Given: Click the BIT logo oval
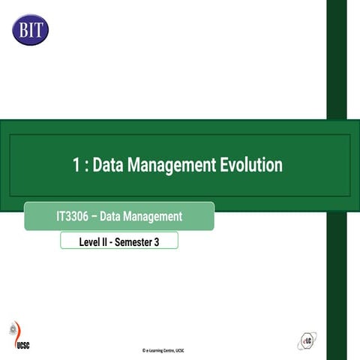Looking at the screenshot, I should [30, 29].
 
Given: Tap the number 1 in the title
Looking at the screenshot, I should [77, 165].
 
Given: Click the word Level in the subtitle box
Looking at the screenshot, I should [91, 241].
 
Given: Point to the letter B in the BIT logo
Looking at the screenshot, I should [22, 30].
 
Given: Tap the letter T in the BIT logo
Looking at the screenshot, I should [39, 30].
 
